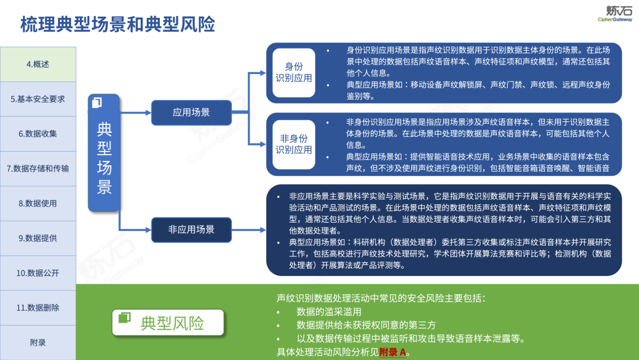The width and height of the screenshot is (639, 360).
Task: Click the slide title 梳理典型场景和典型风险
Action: pos(118,24)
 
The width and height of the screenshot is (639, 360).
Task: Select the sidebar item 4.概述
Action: pos(38,65)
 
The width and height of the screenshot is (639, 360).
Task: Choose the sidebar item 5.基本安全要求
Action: pos(38,99)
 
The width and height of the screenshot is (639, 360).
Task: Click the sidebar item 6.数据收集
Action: pos(38,134)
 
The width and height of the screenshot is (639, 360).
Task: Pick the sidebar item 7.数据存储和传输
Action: pos(38,168)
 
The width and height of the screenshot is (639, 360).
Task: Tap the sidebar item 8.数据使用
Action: pos(38,203)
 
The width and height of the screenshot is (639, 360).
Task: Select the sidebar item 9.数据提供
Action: pos(38,238)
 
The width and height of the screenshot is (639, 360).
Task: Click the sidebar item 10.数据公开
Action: pos(38,273)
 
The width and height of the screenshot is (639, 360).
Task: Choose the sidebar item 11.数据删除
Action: pos(38,307)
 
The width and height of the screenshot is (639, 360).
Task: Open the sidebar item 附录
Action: pos(38,342)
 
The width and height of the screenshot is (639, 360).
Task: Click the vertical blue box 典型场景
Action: pos(104,153)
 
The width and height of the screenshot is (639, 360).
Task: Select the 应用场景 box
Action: pos(191,112)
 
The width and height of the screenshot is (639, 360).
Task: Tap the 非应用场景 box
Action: pos(191,229)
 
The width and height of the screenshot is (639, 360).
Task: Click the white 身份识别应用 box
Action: pos(293,72)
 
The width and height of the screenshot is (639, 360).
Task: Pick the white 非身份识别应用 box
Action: pos(293,144)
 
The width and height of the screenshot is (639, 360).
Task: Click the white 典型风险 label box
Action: pos(169,323)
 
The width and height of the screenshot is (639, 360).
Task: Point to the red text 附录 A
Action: pos(393,352)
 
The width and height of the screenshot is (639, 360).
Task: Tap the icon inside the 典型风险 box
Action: pos(124,318)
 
